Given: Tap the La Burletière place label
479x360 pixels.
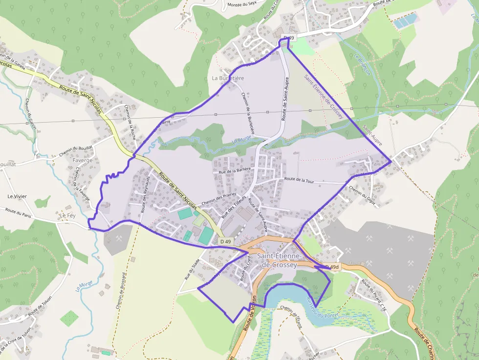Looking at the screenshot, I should [x=228, y=78].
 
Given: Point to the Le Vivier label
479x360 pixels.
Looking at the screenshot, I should [x=17, y=196].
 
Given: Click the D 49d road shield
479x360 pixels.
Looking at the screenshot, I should [x=331, y=267].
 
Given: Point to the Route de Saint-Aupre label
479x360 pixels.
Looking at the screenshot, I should [x=285, y=99].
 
